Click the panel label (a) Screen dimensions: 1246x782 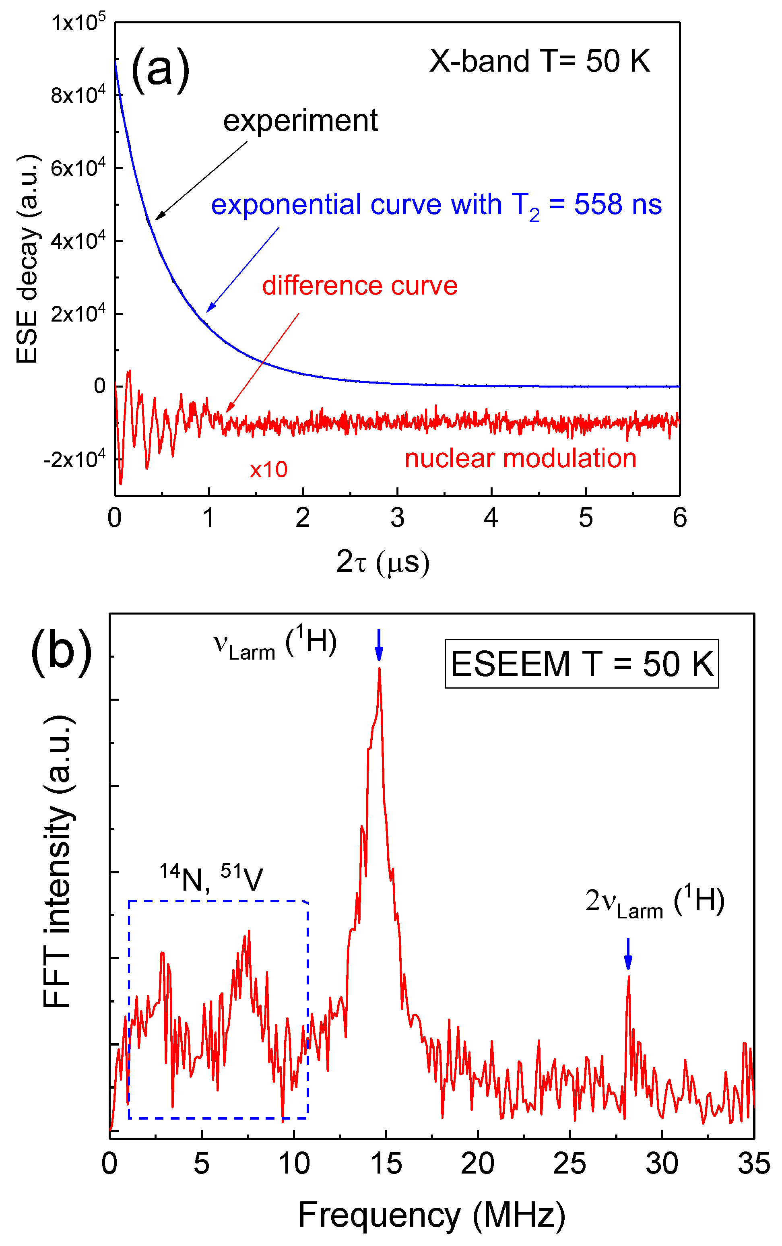tap(160, 70)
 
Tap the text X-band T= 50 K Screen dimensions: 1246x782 tap(539, 61)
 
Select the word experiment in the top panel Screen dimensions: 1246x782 tap(300, 121)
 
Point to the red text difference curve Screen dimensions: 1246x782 tap(359, 286)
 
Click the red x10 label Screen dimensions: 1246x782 tap(268, 469)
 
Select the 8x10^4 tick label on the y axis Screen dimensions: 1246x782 tap(78, 95)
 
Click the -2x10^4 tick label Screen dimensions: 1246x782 tap(74, 458)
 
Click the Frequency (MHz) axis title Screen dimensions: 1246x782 tap(431, 1215)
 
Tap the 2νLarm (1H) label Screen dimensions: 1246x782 tap(654, 902)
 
